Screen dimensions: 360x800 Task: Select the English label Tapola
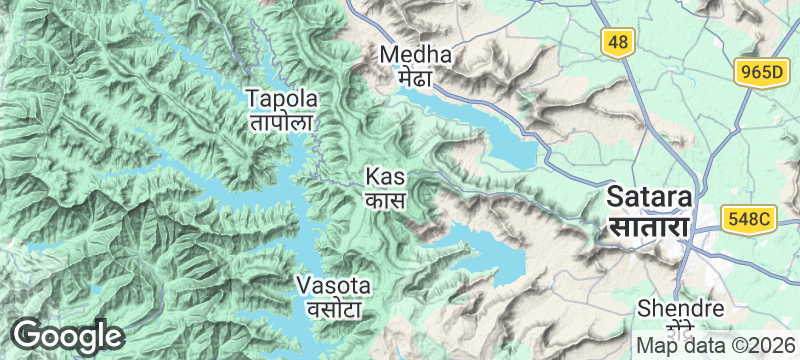pos(282,99)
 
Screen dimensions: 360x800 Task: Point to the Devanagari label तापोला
pos(282,122)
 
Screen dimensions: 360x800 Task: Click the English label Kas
pos(385,177)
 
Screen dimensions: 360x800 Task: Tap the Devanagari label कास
pos(385,199)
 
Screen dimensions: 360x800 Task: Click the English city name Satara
pos(649,196)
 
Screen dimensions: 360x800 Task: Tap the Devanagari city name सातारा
pos(649,227)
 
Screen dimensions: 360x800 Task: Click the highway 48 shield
pos(616,41)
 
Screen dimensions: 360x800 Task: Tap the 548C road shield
pos(749,218)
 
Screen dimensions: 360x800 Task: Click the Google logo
pos(67,335)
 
